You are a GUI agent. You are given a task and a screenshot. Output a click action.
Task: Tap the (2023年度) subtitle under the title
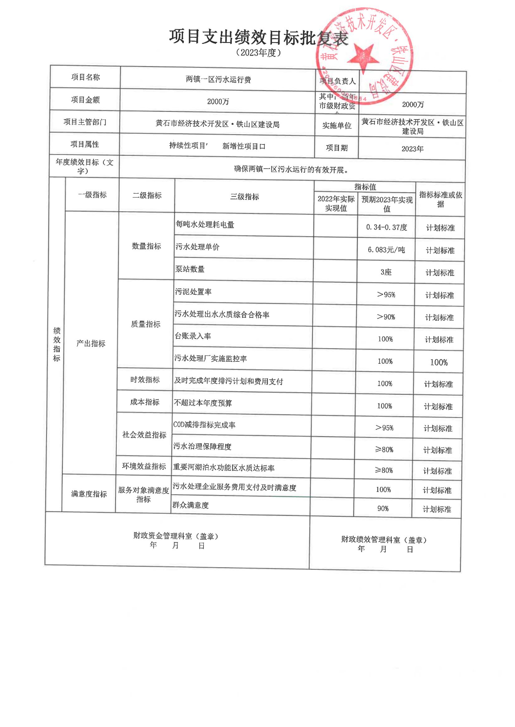pos(259,53)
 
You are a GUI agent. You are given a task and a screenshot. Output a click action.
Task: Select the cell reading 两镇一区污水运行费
pos(218,79)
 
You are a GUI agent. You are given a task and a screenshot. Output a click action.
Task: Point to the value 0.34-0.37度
pos(386,227)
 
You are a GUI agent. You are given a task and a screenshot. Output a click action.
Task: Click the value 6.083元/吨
pos(386,250)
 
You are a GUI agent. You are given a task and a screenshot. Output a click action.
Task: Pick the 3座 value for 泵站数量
pos(386,272)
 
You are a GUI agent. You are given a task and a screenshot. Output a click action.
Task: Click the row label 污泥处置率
pos(193,292)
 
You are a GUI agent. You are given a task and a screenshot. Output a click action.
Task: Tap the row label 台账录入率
pos(193,336)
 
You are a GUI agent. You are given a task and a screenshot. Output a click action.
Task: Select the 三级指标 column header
pos(245,197)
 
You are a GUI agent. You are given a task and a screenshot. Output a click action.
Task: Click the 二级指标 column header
pos(147,195)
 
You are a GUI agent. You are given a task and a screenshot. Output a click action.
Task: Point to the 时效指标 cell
pos(145,380)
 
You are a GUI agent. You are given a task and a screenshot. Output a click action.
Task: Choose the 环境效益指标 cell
pos(144,466)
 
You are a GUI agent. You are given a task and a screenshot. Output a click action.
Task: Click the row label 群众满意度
pos(190,505)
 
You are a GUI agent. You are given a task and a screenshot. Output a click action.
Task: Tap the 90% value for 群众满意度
pos(383,509)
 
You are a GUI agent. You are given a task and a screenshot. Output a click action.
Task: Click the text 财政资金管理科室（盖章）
pos(176,536)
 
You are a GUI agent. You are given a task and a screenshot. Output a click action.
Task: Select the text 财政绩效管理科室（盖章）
pos(384,540)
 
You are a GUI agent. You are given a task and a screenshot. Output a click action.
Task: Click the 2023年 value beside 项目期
pos(412,149)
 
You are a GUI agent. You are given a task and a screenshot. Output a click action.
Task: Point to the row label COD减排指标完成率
pos(204,425)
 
